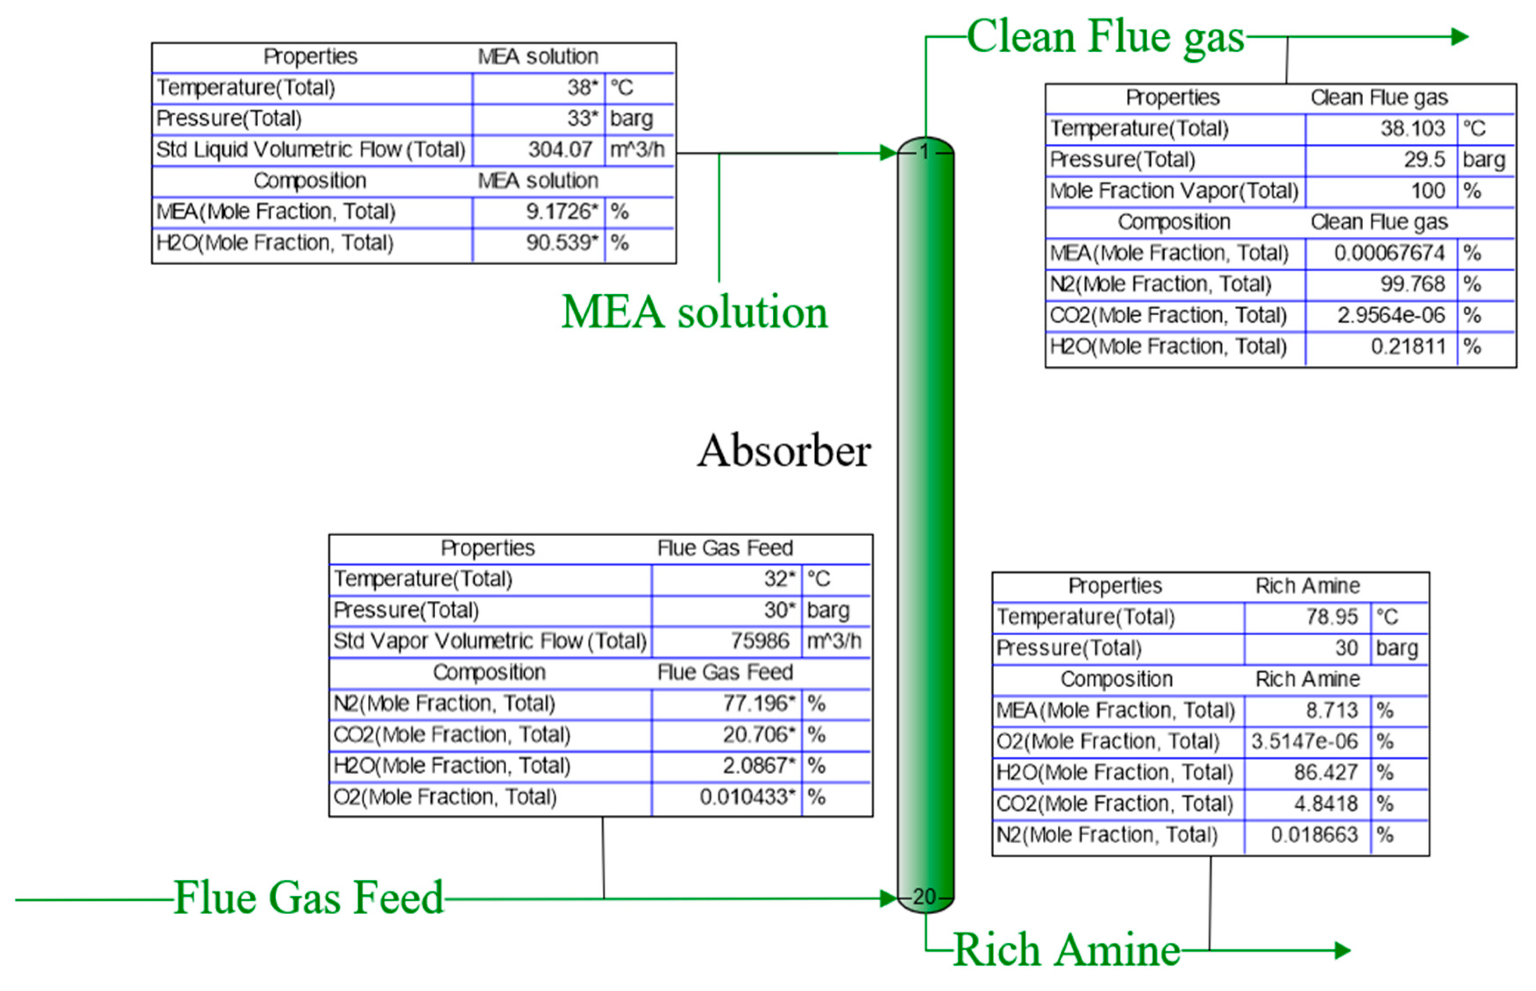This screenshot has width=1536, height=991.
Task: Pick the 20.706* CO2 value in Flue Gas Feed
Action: [x=758, y=734]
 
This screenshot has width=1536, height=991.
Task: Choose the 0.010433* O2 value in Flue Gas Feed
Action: [x=747, y=797]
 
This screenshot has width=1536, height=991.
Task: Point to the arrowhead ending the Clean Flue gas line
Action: [x=1459, y=37]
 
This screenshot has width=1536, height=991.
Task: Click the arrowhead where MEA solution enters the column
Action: [x=888, y=153]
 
